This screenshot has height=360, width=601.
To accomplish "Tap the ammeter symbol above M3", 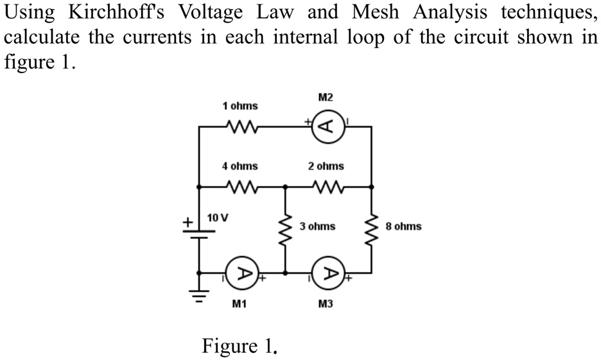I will (328, 273).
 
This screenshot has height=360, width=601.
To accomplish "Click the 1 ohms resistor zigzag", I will (240, 126).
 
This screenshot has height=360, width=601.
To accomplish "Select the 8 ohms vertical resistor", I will (371, 227).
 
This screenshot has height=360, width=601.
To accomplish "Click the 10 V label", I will (217, 217).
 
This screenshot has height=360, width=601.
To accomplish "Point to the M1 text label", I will (240, 304).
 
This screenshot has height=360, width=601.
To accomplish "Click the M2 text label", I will (326, 98).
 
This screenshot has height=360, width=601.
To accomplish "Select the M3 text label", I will (326, 304).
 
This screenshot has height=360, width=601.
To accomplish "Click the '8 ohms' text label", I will (403, 227).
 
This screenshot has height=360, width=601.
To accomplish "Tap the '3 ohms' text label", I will (317, 227).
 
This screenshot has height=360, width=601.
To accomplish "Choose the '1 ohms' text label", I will (240, 105).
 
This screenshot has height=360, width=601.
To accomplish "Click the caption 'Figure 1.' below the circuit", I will (240, 347).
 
